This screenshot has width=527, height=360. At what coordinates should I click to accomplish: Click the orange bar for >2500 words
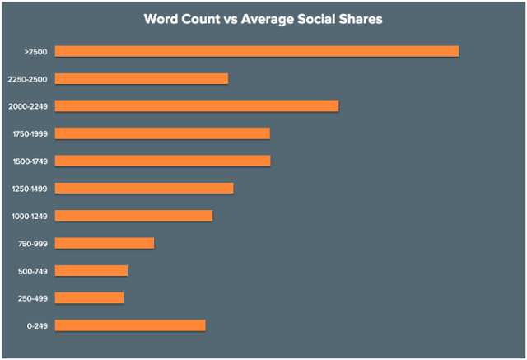click(256, 51)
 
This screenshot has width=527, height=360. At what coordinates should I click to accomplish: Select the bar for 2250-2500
click(141, 78)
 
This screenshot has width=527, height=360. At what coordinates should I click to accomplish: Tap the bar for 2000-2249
click(196, 105)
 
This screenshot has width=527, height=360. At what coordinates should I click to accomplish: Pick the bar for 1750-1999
click(162, 133)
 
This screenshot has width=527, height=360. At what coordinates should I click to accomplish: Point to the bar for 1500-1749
click(162, 161)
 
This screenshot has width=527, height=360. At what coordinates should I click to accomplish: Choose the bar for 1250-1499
click(144, 188)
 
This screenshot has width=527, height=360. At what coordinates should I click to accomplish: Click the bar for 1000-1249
click(133, 216)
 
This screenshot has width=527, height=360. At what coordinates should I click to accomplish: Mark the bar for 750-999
click(104, 243)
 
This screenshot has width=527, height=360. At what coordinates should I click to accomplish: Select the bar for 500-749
click(91, 270)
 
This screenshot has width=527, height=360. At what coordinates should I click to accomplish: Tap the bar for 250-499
click(89, 297)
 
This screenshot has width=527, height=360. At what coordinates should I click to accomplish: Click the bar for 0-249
click(130, 325)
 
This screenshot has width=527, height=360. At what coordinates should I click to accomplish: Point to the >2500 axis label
click(35, 52)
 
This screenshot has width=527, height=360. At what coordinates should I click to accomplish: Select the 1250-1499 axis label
click(29, 189)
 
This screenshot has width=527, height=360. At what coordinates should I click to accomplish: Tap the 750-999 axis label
click(32, 244)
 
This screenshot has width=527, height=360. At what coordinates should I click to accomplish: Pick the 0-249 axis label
click(36, 326)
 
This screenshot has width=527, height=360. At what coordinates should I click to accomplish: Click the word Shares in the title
click(358, 18)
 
